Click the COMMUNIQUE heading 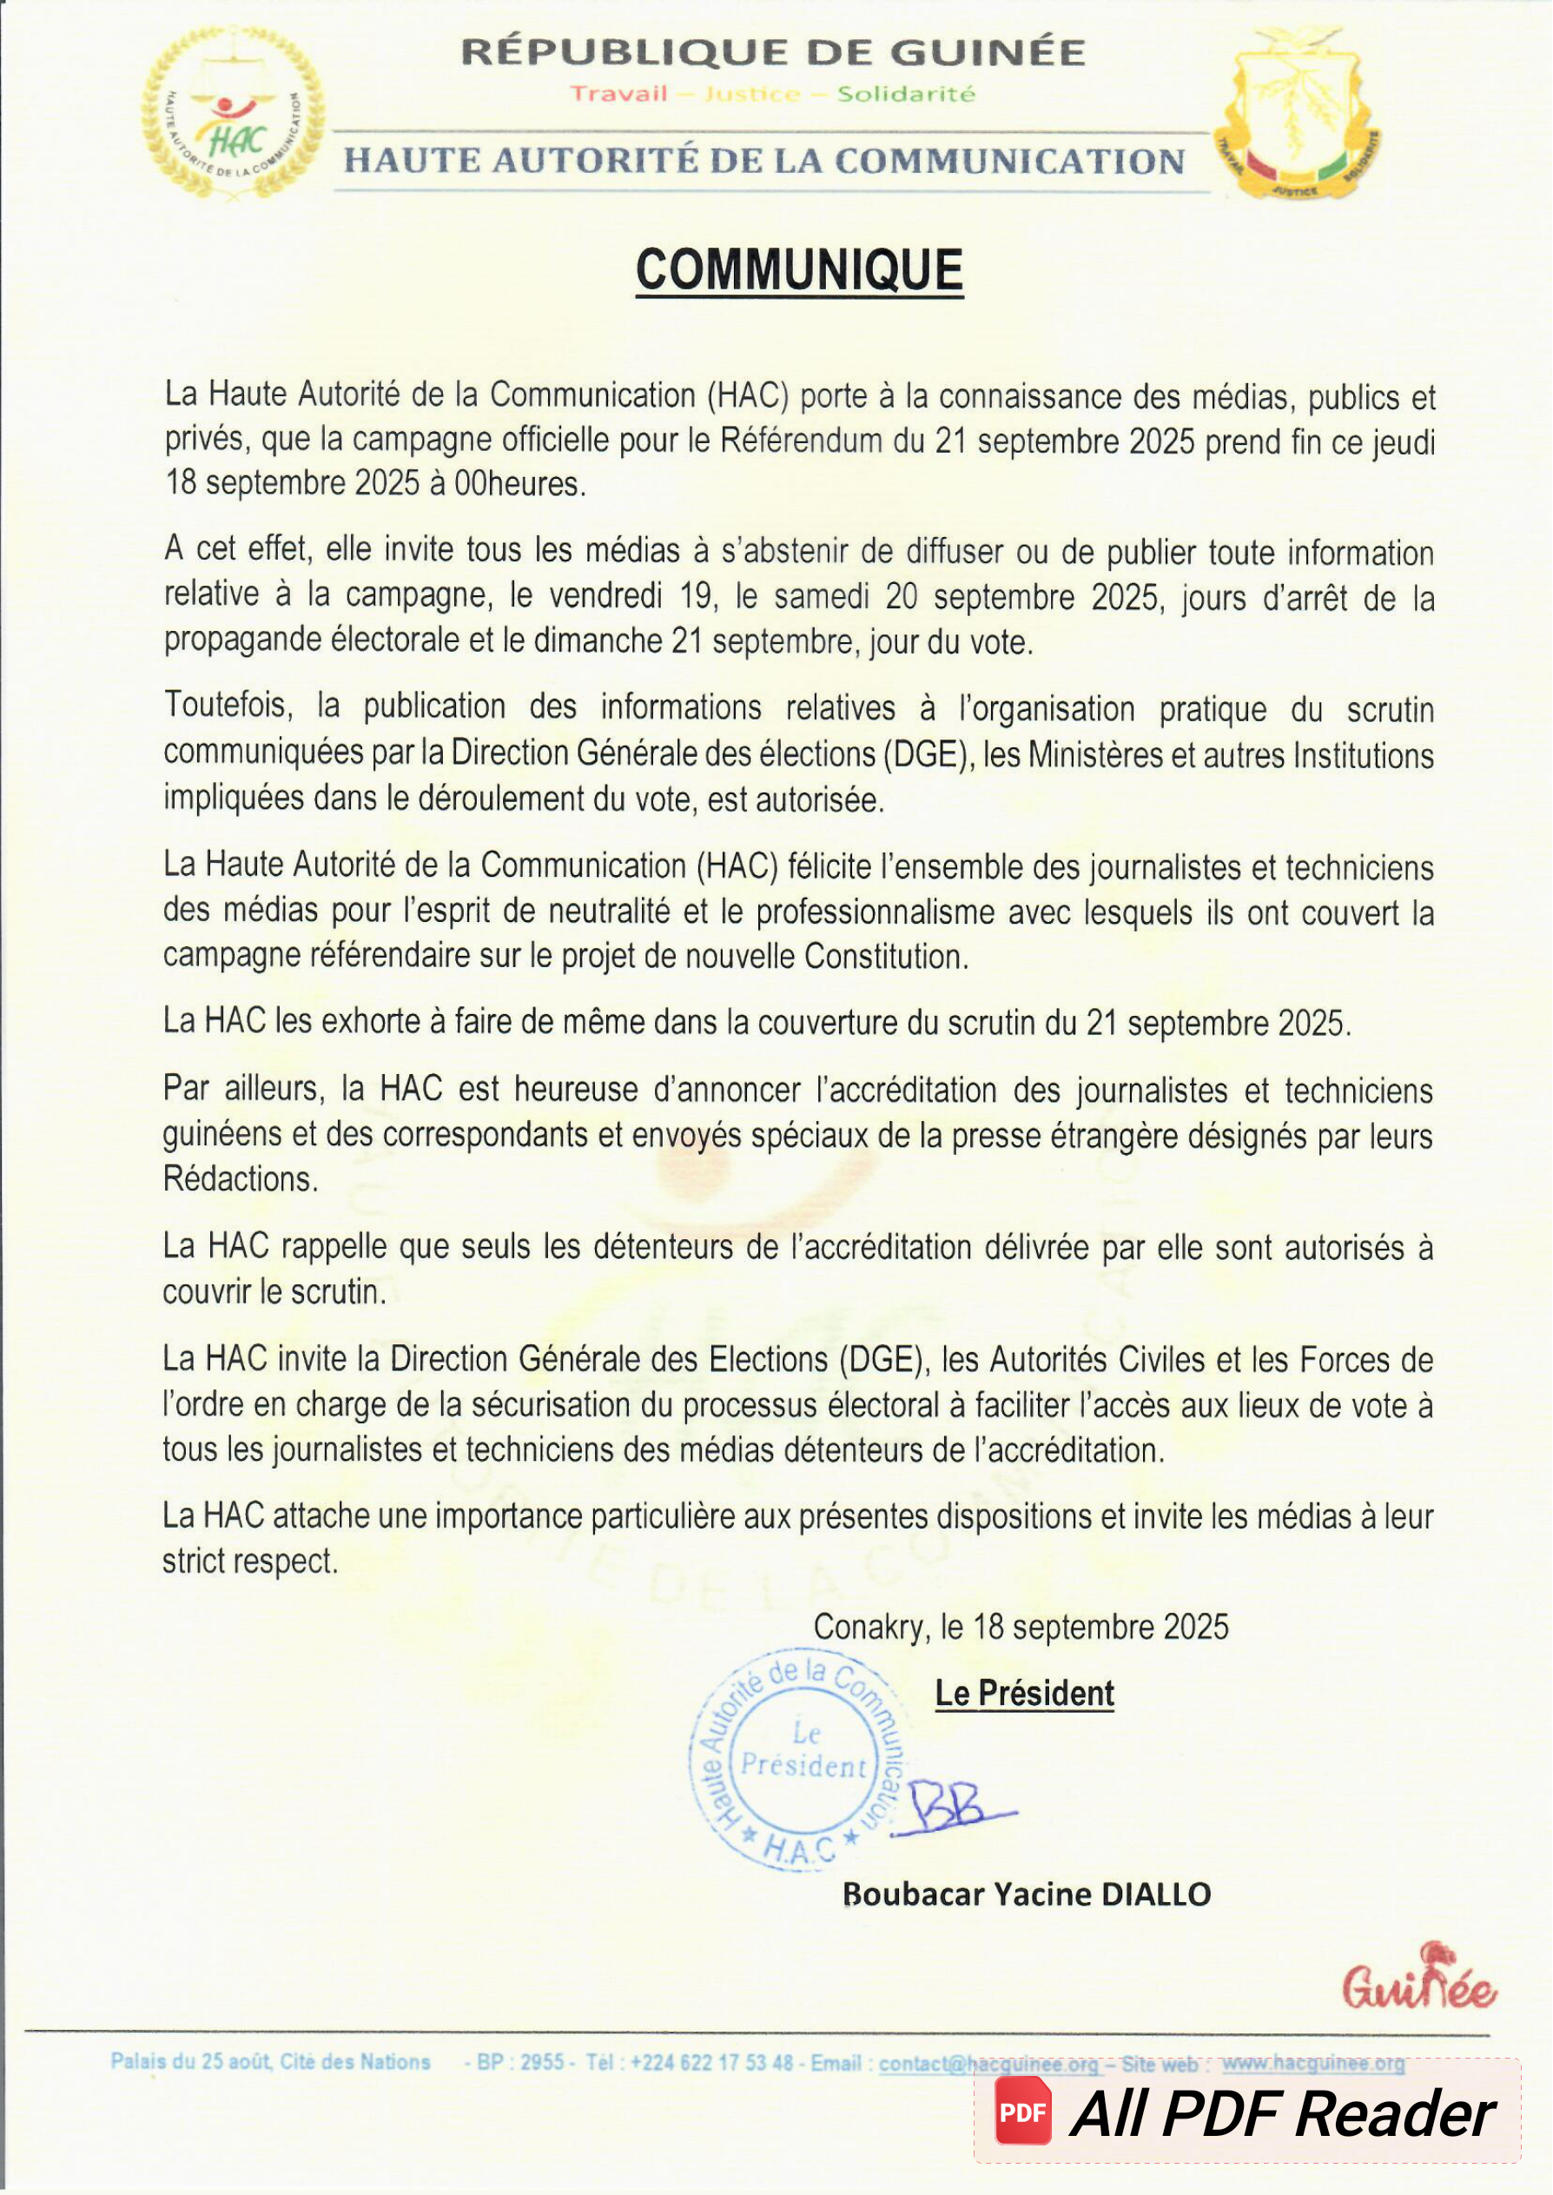pos(798,270)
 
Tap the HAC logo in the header pos(233,113)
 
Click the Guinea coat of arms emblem pos(1299,113)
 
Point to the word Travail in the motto pos(618,94)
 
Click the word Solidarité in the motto pos(906,94)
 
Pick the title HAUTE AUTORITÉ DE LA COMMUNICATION pos(764,161)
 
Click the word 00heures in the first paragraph pos(519,484)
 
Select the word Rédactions pos(240,1179)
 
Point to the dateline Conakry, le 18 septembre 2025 pos(1021,1627)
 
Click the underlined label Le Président pos(1023,1694)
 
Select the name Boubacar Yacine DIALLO pos(1026,1893)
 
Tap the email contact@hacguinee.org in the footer pos(988,2063)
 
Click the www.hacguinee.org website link pos(1312,2063)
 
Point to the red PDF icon pos(1022,2112)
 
